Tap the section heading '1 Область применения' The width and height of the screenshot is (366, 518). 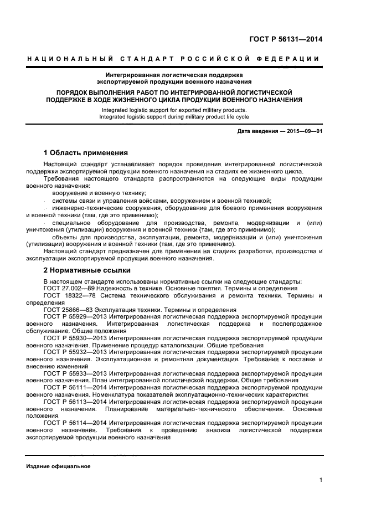[86, 152]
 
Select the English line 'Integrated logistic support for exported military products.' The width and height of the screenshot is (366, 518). [174, 110]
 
